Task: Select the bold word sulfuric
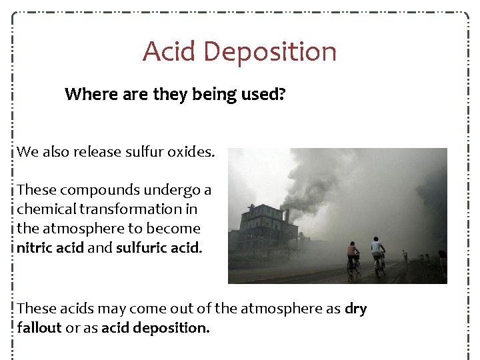click(139, 247)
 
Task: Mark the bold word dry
click(356, 309)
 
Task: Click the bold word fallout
click(39, 328)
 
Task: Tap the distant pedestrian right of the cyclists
click(405, 255)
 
